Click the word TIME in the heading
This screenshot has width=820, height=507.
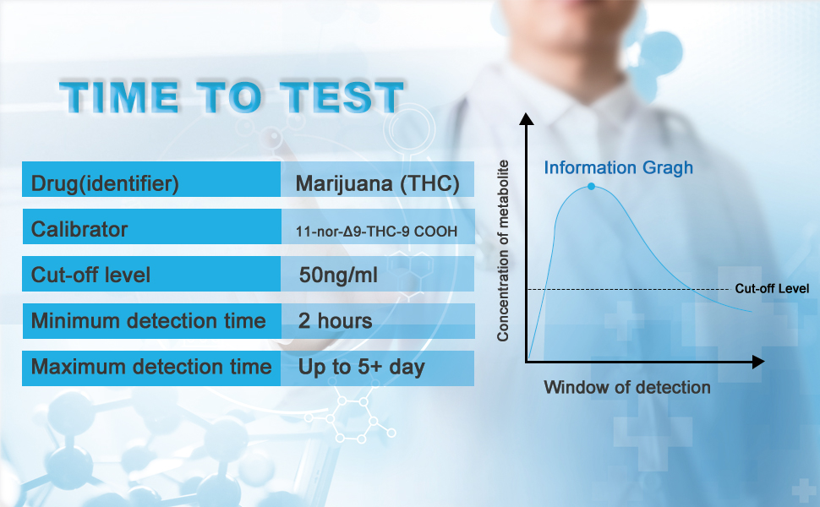tap(118, 98)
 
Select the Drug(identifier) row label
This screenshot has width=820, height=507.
tap(105, 183)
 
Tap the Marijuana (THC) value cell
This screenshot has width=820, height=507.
tap(378, 183)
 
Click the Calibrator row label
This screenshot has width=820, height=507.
tap(79, 229)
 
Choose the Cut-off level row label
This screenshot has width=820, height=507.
tap(90, 275)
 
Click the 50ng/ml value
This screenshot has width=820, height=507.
tap(338, 275)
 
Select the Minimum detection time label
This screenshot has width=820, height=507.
tap(148, 321)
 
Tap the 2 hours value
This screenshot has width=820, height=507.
tap(336, 321)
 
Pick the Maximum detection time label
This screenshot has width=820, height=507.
tap(151, 367)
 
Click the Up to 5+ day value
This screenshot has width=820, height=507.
tap(362, 367)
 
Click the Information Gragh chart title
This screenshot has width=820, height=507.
tap(618, 167)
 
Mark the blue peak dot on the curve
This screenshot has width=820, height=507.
tap(592, 186)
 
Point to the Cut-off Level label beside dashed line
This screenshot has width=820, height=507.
tap(772, 289)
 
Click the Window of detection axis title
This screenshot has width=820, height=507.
tap(627, 388)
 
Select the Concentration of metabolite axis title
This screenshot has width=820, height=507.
tap(503, 250)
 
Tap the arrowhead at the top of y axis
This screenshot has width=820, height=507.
tap(527, 119)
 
